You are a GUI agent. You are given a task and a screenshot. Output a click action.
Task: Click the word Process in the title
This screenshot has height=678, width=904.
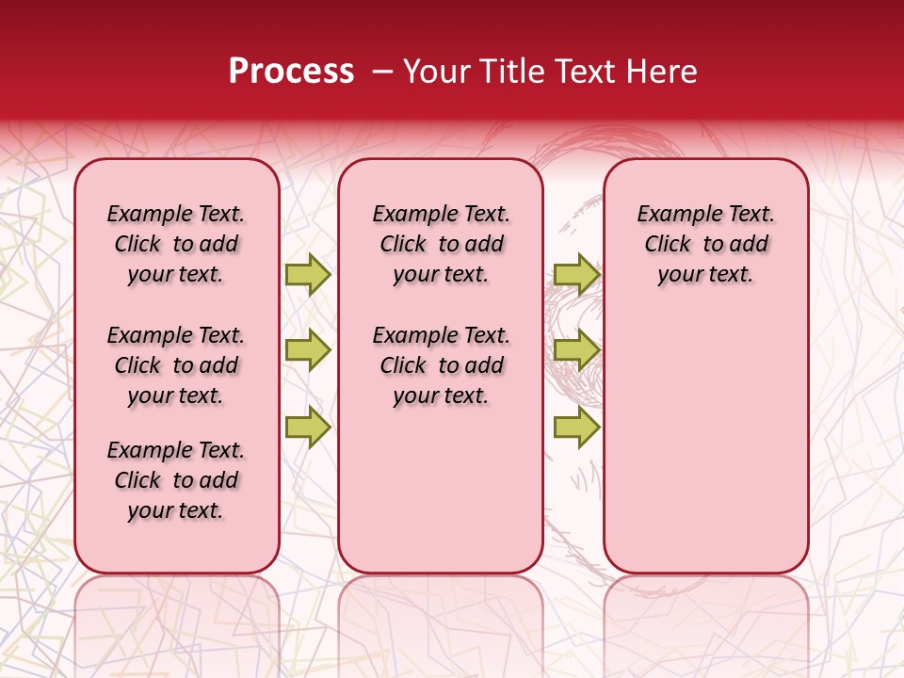tap(291, 72)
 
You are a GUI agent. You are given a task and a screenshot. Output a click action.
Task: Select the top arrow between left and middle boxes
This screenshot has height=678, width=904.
tap(308, 274)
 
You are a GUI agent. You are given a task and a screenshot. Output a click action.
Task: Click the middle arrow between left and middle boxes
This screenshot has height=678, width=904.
tap(308, 350)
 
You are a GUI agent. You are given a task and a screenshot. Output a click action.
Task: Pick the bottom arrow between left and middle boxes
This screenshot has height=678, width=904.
tap(308, 426)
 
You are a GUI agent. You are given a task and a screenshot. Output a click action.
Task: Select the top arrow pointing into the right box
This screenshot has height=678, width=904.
tap(576, 274)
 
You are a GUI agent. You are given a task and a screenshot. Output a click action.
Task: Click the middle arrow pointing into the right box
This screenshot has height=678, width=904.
tap(576, 350)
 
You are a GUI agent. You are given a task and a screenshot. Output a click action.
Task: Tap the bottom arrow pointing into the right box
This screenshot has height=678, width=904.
tap(576, 426)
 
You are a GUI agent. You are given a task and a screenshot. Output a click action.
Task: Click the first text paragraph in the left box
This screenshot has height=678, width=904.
tap(176, 244)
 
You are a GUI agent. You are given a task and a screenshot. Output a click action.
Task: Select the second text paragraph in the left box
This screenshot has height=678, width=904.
tap(176, 365)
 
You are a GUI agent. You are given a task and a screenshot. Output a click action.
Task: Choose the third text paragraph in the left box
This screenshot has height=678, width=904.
tap(176, 480)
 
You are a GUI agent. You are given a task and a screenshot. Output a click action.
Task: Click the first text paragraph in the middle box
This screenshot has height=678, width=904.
tap(441, 244)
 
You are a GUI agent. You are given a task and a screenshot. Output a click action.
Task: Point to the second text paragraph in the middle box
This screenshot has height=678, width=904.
tap(441, 365)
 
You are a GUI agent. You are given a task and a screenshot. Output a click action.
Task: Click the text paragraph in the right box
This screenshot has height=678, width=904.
tap(705, 244)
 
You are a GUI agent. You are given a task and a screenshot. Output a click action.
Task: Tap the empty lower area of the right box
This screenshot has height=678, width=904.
tap(705, 443)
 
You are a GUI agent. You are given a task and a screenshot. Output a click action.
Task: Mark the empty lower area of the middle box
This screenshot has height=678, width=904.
tap(441, 490)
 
